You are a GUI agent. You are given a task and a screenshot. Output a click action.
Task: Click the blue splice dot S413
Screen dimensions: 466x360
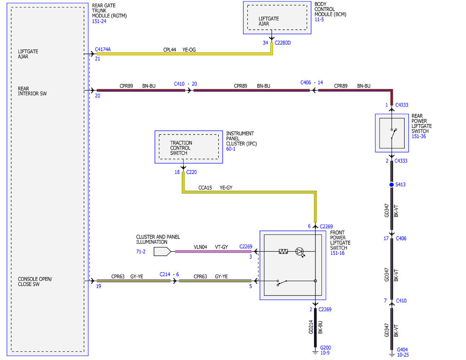coord(391,184)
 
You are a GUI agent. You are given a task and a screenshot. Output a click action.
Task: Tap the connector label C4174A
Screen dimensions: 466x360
coord(103,49)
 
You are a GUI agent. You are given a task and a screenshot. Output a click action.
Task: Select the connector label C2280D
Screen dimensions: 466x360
coord(282,43)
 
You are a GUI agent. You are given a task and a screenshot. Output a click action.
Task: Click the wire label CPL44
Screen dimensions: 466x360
coord(169,50)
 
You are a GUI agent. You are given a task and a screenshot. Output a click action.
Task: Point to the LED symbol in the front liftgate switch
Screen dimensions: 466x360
coord(299,252)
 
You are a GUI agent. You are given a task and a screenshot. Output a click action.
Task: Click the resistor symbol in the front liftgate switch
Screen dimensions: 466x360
coord(283,251)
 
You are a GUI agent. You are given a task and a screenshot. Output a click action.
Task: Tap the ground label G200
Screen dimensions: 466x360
coord(325,348)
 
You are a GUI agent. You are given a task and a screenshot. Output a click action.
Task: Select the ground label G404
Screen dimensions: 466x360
coord(402,350)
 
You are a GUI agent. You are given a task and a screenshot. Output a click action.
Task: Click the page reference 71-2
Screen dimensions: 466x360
coord(141,252)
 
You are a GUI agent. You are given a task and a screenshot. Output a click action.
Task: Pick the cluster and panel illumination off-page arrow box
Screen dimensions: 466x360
coord(162,252)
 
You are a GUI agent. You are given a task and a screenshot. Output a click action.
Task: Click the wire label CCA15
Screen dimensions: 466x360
coord(205,188)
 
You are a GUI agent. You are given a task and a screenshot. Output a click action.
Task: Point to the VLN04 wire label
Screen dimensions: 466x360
coord(200,247)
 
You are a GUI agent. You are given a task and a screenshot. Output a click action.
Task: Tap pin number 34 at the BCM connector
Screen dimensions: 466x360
coord(265,43)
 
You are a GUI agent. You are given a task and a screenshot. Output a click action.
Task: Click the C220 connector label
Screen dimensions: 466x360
coord(191,172)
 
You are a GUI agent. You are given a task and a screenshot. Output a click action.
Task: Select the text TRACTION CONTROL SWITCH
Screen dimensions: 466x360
coord(181,148)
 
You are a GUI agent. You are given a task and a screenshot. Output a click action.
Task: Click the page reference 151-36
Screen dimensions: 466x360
coord(419,136)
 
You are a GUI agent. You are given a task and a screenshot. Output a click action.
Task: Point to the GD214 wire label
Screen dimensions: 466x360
coord(311,327)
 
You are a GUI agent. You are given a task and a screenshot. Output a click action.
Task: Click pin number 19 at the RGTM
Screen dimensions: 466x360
coord(98,286)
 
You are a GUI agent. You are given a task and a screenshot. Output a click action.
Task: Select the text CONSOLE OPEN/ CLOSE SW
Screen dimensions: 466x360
coord(35,282)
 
